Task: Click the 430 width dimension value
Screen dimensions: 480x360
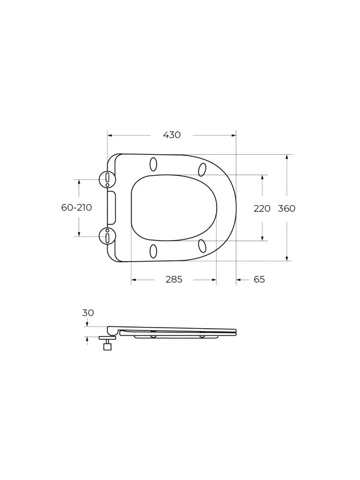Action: (172, 135)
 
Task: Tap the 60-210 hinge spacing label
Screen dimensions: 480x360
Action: (76, 208)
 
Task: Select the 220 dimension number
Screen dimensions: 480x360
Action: (262, 208)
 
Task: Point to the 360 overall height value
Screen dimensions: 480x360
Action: (287, 208)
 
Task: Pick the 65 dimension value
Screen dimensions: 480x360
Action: (259, 280)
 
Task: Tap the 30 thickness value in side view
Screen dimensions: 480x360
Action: (88, 313)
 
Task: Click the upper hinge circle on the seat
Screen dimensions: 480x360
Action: (107, 178)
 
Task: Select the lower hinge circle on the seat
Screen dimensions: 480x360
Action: (107, 236)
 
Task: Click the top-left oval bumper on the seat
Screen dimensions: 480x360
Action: (153, 164)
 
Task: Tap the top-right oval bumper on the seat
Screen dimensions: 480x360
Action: (202, 170)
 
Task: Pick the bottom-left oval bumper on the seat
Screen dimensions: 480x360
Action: (153, 251)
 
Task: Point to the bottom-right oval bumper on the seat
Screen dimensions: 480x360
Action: (202, 245)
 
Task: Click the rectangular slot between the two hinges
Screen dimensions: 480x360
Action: (111, 208)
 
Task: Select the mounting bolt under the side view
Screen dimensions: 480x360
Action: (107, 344)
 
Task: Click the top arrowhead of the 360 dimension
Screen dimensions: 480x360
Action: (287, 157)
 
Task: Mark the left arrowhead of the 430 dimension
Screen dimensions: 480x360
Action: (110, 135)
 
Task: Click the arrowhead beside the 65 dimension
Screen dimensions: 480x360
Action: (239, 280)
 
